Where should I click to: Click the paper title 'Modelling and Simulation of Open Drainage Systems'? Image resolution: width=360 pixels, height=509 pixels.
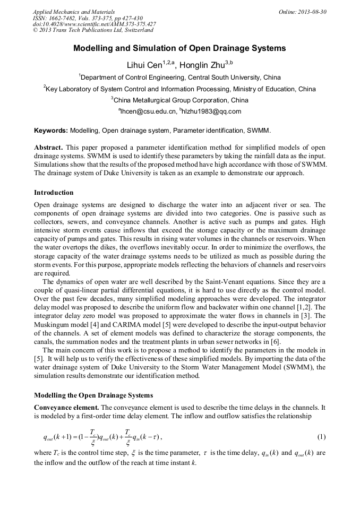[x=179, y=48]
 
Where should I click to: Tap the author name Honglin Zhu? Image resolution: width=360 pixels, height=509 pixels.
[x=201, y=66]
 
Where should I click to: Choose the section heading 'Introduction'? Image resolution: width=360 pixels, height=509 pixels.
[x=54, y=192]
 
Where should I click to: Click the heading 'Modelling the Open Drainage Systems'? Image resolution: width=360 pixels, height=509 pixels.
[x=93, y=395]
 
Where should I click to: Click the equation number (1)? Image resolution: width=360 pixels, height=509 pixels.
[x=321, y=437]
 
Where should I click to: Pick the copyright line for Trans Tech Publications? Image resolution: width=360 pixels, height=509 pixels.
[x=92, y=30]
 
